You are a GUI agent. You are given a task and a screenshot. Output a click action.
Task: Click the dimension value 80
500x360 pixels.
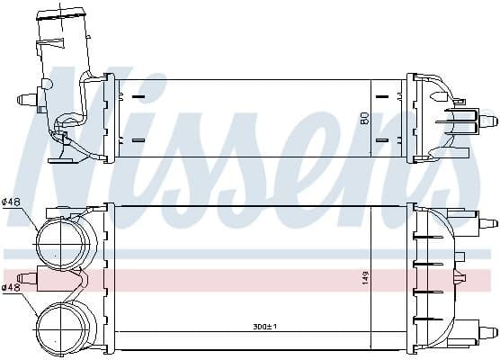[x=365, y=118]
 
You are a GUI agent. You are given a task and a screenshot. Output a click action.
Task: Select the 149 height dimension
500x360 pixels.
[x=365, y=278]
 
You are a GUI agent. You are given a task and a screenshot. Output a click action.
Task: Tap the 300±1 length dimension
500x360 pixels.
[x=264, y=327]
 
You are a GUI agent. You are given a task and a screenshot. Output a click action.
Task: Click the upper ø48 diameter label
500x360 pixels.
[x=11, y=202]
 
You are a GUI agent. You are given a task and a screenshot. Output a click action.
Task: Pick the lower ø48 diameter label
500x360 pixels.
[x=11, y=287]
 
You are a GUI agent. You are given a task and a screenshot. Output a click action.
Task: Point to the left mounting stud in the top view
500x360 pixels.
[x=27, y=99]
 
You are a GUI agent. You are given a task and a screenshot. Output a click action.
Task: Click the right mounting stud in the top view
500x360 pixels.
[x=488, y=121]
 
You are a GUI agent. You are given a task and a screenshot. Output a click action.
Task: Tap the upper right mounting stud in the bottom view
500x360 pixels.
[x=488, y=223]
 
